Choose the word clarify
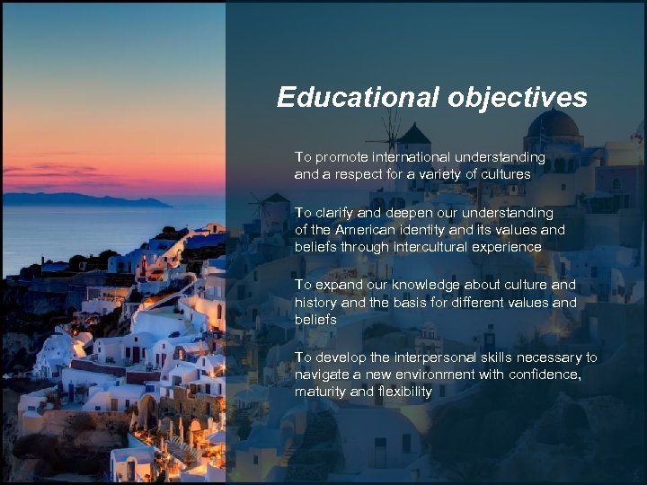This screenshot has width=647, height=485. click(334, 213)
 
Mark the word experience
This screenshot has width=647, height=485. click(510, 247)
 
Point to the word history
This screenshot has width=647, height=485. click(315, 302)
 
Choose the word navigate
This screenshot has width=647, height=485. click(321, 375)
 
